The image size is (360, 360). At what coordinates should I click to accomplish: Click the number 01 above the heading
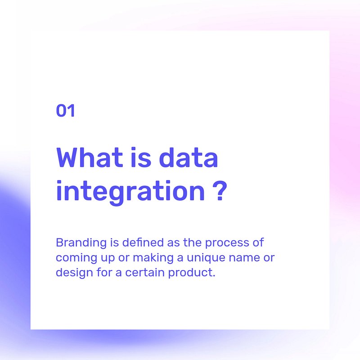65,110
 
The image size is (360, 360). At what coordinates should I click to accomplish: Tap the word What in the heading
90,157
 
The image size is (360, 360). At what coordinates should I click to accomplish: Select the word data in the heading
188,157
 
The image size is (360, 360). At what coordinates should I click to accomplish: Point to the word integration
130,192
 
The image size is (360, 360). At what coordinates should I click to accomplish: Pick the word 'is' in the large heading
141,157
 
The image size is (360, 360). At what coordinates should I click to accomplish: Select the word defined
143,243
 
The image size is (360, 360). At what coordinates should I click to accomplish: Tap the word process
227,243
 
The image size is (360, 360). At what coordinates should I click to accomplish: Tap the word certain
145,273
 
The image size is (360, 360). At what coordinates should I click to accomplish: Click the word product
190,273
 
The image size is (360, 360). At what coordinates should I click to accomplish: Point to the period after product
214,276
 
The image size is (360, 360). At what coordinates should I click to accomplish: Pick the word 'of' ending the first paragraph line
258,243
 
